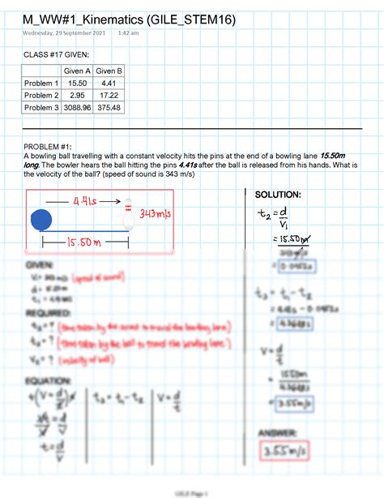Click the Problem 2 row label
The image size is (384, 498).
42,95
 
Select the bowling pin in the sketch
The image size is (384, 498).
127,213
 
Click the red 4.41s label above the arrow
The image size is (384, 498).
86,200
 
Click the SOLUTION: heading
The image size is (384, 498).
278,195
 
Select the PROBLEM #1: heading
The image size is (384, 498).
50,146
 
